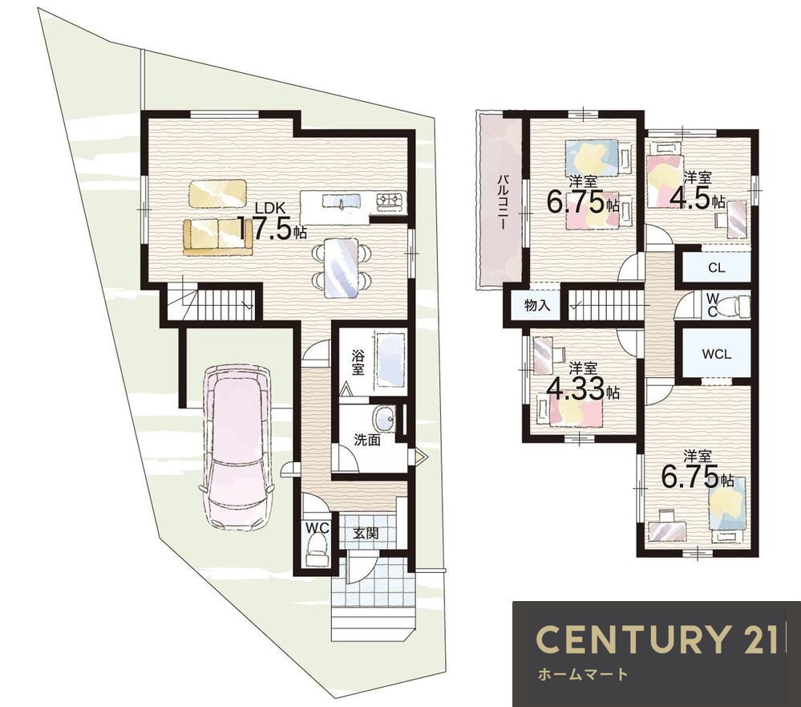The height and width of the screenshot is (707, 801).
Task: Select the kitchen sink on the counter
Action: click(x=342, y=202)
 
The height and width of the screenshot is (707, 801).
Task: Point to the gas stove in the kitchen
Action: click(x=390, y=202)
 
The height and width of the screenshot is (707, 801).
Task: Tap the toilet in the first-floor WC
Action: click(x=317, y=549)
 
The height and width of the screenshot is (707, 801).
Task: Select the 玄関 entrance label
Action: click(x=366, y=534)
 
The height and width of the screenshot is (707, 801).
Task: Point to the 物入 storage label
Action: click(x=537, y=306)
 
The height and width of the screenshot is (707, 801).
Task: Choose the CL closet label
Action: click(x=717, y=268)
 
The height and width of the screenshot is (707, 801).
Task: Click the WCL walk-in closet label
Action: click(x=716, y=354)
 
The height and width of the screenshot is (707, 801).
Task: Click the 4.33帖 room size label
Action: click(x=583, y=390)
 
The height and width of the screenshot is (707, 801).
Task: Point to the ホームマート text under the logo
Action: click(x=582, y=674)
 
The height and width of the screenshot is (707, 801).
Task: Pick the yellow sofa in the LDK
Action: click(x=218, y=236)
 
